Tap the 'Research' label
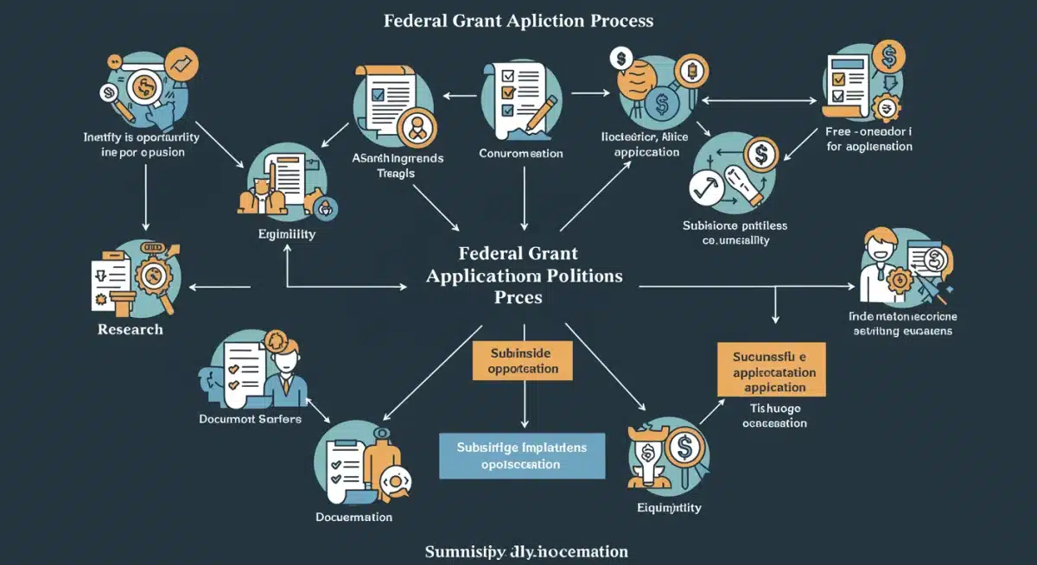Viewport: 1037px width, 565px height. pos(130,329)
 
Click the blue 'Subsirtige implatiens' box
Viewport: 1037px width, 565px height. pos(521,455)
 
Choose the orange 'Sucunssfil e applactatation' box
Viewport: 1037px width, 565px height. pos(771,370)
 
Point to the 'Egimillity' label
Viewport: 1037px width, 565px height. pos(287,234)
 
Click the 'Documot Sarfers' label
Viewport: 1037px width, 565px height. pos(250,419)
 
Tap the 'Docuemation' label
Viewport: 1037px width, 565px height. pos(353,517)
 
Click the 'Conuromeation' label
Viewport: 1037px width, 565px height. pos(520,153)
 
